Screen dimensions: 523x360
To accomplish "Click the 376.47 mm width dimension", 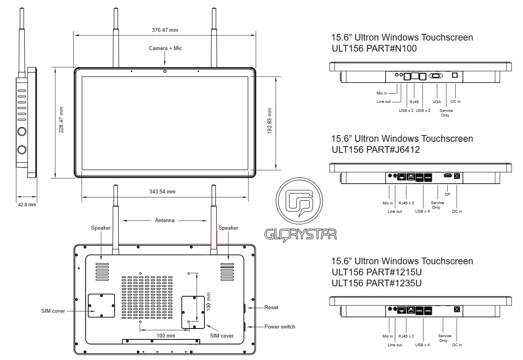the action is tap(165, 30).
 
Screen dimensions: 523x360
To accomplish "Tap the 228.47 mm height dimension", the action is tap(61, 120).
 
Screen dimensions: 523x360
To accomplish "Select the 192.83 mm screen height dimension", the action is tap(269, 121).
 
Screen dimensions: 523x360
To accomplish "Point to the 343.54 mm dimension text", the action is tap(162, 192).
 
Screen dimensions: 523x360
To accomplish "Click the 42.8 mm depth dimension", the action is tap(27, 205).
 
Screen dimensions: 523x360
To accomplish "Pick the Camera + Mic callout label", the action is tap(165, 48).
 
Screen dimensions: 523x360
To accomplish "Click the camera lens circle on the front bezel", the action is tap(165, 71).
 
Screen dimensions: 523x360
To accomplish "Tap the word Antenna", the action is tap(165, 221).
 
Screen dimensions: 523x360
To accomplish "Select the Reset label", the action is tap(271, 308).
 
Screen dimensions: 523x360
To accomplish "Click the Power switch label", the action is tap(280, 327).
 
